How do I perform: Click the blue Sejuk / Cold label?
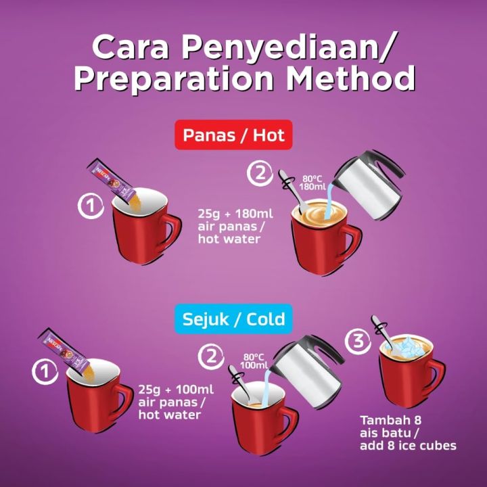point(234,317)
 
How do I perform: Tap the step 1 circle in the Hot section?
point(90,206)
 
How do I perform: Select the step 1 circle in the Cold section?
point(44,370)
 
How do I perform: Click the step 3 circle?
point(358,342)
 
